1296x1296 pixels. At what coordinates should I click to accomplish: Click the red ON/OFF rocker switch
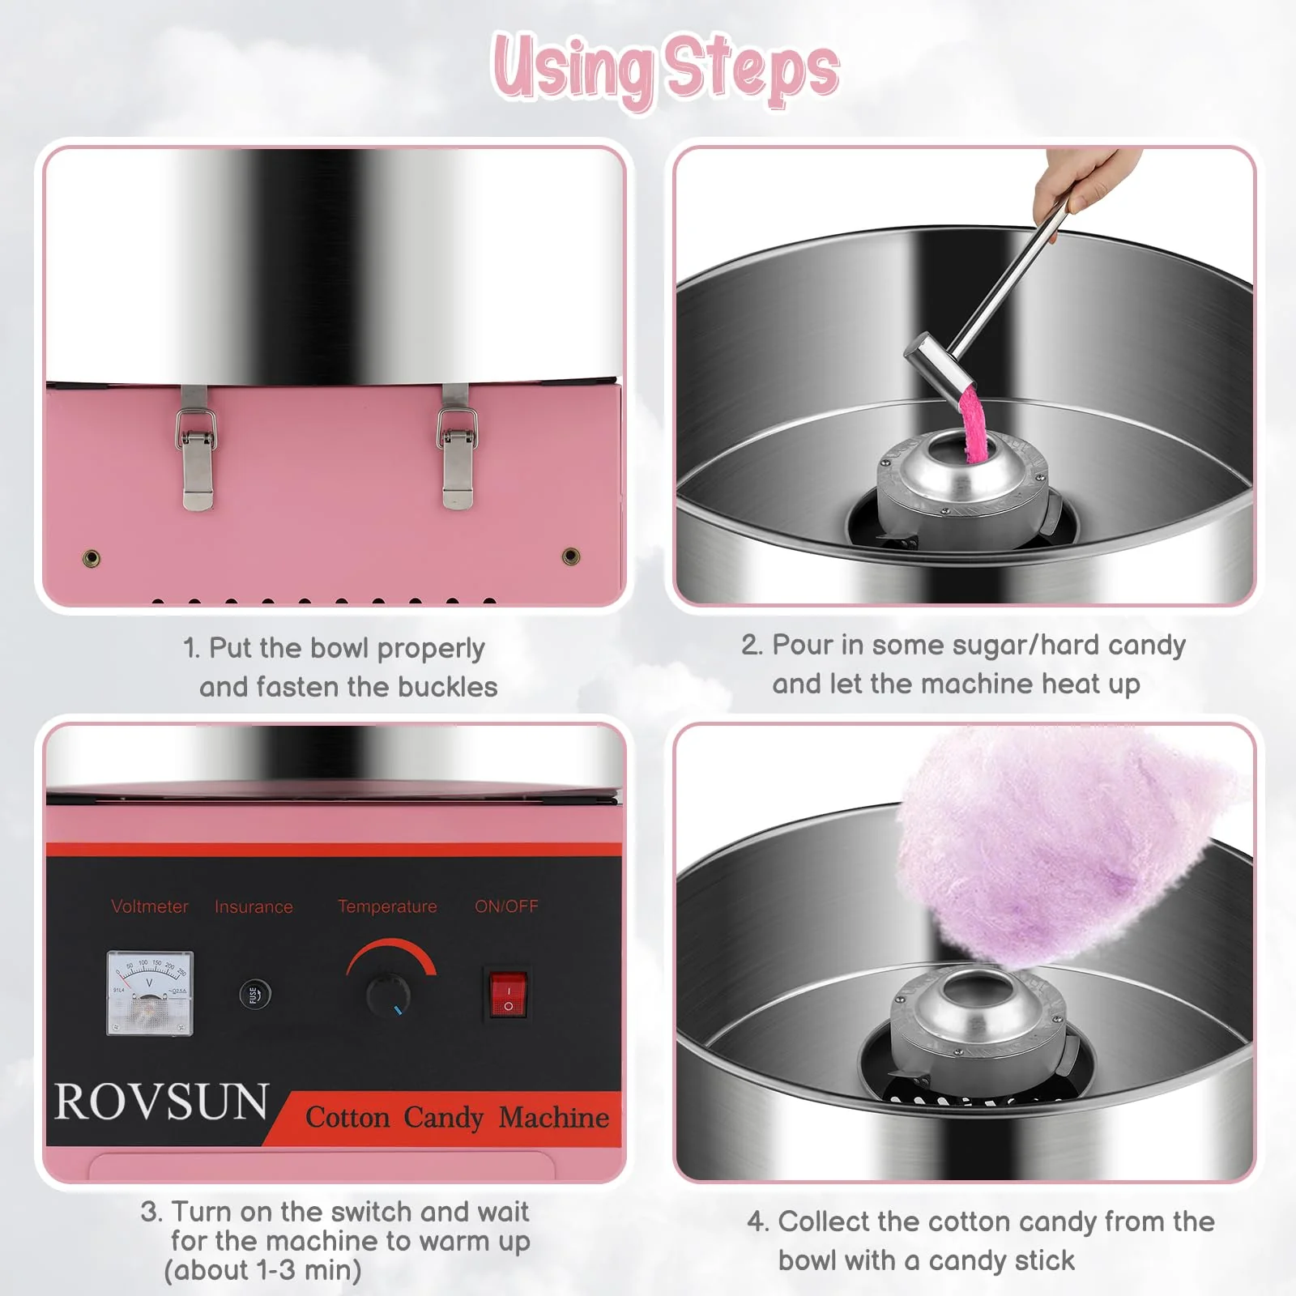tap(509, 994)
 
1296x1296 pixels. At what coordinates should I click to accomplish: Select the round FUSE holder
tap(254, 994)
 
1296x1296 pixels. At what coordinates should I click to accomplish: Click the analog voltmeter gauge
tap(150, 993)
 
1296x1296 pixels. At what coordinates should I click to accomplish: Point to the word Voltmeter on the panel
tap(150, 906)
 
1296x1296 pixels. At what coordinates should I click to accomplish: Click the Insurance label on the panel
tap(254, 907)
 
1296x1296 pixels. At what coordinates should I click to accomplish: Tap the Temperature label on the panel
tap(387, 906)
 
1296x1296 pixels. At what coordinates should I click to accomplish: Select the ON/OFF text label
tap(506, 906)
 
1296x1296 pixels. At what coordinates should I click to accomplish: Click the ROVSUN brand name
tap(161, 1102)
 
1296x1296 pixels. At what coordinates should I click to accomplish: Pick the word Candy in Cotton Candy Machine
tap(443, 1118)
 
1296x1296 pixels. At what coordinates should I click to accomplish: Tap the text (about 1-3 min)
tap(262, 1270)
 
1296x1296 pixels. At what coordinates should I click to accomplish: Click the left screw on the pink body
tap(92, 558)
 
